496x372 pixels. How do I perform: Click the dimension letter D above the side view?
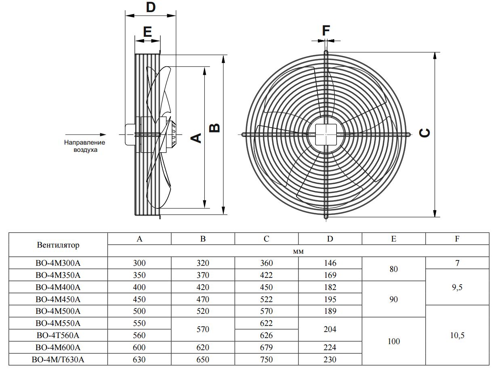pos(151,7)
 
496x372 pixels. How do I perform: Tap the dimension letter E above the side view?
pos(147,32)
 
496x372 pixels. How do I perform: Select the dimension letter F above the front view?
pos(326,30)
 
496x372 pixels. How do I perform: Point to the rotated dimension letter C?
pos(425,133)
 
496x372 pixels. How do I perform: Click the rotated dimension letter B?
pos(214,128)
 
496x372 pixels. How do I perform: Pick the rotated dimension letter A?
pos(196,138)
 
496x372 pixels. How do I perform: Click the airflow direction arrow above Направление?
pos(86,135)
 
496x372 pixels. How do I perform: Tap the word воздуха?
pos(85,150)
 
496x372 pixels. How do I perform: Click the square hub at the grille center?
pos(326,135)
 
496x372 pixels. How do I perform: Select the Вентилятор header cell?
pos(58,245)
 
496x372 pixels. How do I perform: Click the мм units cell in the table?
pos(298,251)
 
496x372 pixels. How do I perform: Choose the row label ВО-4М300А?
pos(58,263)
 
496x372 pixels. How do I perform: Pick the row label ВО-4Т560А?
pos(58,335)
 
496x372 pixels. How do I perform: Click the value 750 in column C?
pos(267,359)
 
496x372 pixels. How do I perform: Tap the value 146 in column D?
pos(330,263)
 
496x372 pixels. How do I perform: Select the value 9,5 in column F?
pos(457,287)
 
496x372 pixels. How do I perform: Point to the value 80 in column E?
pos(394,269)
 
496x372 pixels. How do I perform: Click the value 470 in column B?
pos(203,299)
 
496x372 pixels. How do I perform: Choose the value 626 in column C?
pos(267,335)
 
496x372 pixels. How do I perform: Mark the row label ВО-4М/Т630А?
pos(58,359)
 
